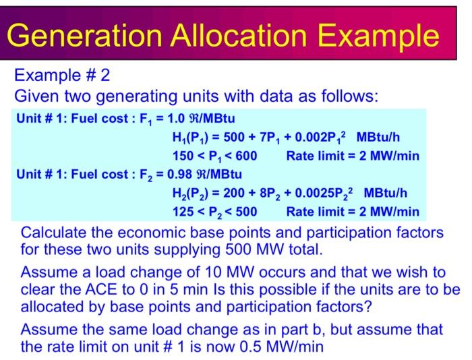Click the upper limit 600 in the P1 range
pos(245,156)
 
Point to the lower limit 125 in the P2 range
pos(184,212)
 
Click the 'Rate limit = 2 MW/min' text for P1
pos(352,156)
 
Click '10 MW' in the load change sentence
pos(211,273)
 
